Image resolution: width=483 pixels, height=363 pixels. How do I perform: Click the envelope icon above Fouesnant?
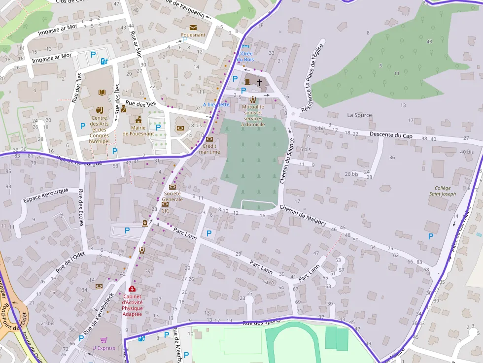pos(193,27)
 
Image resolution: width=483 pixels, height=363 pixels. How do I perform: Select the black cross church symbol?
pos(259,83)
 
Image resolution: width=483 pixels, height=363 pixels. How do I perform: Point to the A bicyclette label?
pos(216,104)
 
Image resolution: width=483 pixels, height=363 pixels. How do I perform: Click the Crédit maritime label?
pos(209,149)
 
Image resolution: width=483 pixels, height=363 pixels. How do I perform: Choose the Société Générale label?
pos(172,196)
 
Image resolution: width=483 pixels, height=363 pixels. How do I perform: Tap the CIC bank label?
pos(165,210)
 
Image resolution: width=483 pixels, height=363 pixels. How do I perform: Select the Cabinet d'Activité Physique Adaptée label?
pos(132,305)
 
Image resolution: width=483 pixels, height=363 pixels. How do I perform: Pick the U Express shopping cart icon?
pos(103,340)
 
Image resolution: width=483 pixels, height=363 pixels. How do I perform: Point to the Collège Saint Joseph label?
pos(442,191)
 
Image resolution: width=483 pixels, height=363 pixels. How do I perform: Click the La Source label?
pos(359,115)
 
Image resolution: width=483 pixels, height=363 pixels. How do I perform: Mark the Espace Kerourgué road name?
pos(45,196)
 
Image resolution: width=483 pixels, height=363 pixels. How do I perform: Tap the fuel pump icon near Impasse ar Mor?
pos(104,62)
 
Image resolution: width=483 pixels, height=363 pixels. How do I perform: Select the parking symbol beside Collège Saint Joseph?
pos(430,236)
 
